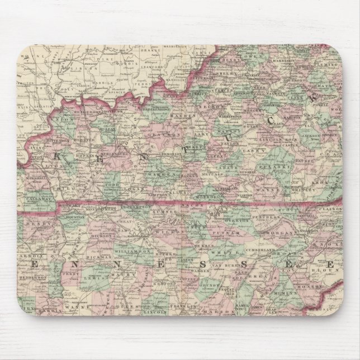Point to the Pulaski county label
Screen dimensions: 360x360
tap(280, 167)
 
